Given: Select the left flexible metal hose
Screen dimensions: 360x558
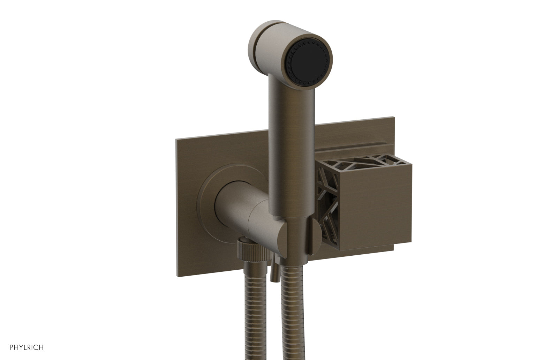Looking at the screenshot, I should coord(246,314).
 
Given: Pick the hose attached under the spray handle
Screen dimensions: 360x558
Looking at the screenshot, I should coord(290,314).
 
